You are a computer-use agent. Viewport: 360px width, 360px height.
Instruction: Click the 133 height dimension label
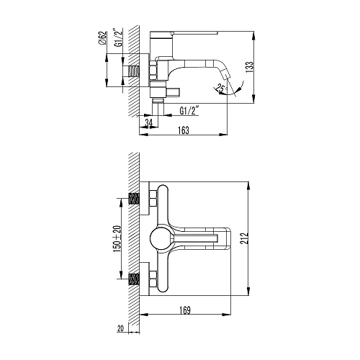pos(250,68)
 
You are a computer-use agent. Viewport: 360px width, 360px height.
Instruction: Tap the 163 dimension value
pos(184,130)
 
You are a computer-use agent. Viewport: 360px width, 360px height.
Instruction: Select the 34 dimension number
pos(149,122)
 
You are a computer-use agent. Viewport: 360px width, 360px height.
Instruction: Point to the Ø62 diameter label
pos(102,38)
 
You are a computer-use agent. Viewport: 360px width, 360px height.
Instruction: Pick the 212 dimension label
pos(244,238)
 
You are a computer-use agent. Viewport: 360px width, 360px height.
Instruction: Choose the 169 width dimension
pos(185,310)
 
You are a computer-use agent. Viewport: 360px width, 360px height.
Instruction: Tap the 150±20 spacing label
pos(117,239)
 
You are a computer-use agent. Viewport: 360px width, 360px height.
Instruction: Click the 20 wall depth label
pos(121,328)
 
